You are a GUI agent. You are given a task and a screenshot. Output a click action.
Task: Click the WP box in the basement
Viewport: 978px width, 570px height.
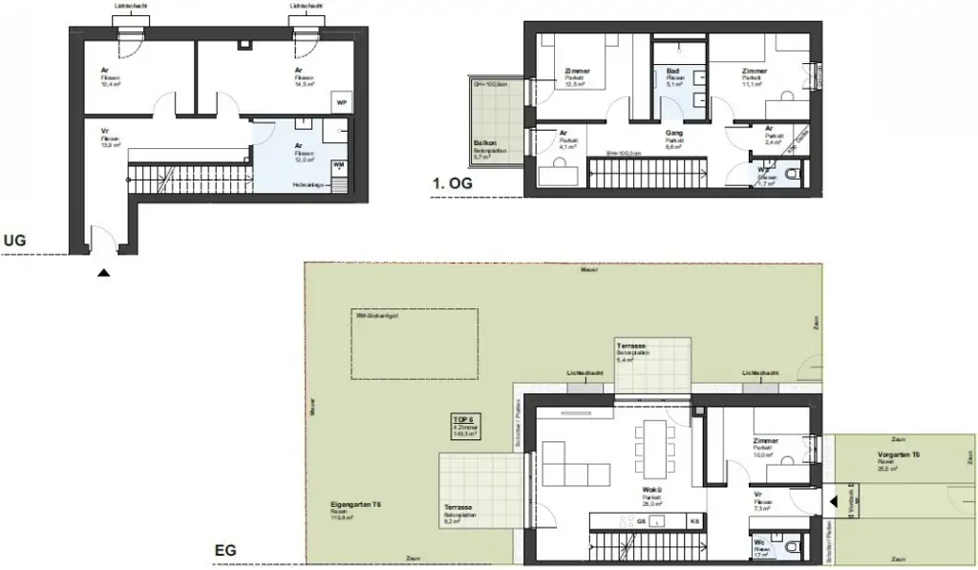(340, 103)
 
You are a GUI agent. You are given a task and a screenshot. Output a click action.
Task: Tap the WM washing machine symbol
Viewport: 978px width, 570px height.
(339, 164)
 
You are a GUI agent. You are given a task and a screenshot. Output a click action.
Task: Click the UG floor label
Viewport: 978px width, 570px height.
(15, 242)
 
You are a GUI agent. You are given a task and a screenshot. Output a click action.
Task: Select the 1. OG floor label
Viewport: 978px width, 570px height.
(452, 182)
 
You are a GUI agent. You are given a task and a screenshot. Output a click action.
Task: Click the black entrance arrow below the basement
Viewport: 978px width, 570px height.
(103, 272)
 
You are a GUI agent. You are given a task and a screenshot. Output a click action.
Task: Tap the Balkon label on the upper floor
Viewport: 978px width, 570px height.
(482, 143)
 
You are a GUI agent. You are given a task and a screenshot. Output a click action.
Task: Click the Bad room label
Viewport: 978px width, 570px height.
(673, 71)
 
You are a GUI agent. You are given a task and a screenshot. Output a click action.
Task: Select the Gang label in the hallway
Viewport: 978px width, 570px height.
(671, 135)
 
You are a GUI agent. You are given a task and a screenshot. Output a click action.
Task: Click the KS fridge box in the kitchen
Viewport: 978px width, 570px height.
(694, 520)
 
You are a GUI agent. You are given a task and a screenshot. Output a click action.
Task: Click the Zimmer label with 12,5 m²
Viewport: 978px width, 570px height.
(577, 71)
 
